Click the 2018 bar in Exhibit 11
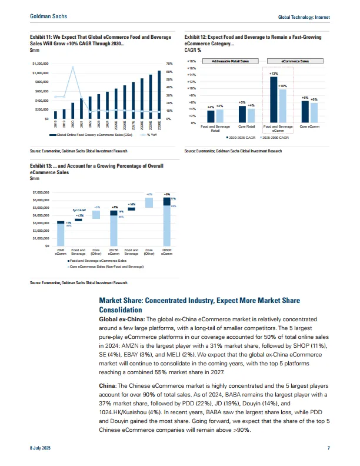coord(55,115)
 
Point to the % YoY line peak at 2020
coord(72,67)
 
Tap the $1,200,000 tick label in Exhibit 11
coord(41,63)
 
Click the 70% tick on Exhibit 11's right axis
coord(169,63)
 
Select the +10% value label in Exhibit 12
coord(282,86)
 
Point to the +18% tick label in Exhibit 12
coord(191,61)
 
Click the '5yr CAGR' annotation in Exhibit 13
coord(79,209)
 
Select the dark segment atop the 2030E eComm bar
coord(166,200)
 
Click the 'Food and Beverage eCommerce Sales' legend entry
coord(97,260)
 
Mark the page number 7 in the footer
coord(328,449)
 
